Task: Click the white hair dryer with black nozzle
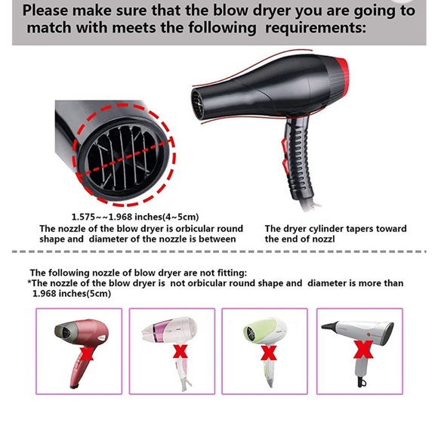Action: tap(355, 332)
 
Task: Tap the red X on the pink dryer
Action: tap(180, 352)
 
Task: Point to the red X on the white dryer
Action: tap(364, 350)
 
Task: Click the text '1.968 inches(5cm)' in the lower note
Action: tap(72, 293)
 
